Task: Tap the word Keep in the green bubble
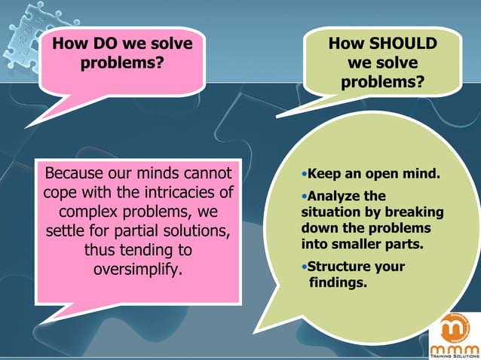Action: pos(325,174)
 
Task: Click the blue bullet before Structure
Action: pos(304,267)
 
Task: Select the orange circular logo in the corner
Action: pos(453,328)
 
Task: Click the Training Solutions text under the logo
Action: pos(454,355)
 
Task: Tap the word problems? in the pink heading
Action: pos(122,63)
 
